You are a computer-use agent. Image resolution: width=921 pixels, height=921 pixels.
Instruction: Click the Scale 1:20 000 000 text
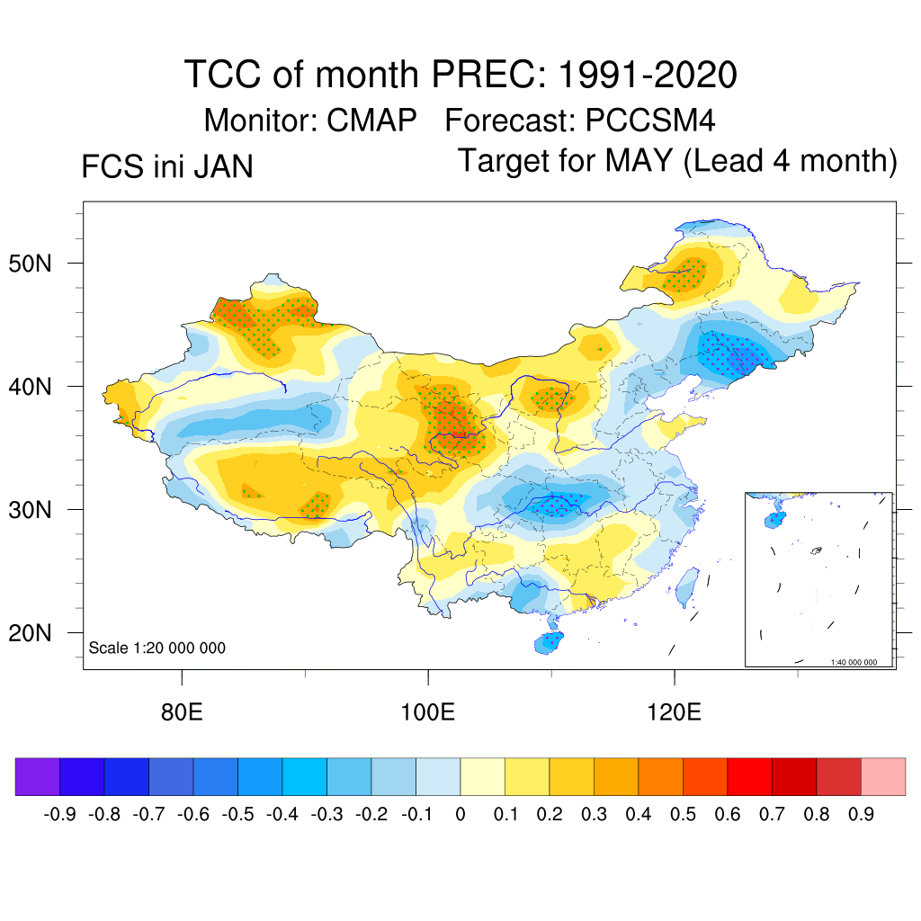point(157,648)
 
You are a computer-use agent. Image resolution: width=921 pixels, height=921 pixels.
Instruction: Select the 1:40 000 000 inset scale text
point(860,662)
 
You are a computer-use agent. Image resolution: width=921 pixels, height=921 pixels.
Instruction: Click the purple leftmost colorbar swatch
point(38,777)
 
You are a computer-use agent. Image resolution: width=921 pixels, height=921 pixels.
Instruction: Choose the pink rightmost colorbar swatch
point(883,777)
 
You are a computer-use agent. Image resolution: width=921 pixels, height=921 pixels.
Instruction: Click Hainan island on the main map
point(550,642)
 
